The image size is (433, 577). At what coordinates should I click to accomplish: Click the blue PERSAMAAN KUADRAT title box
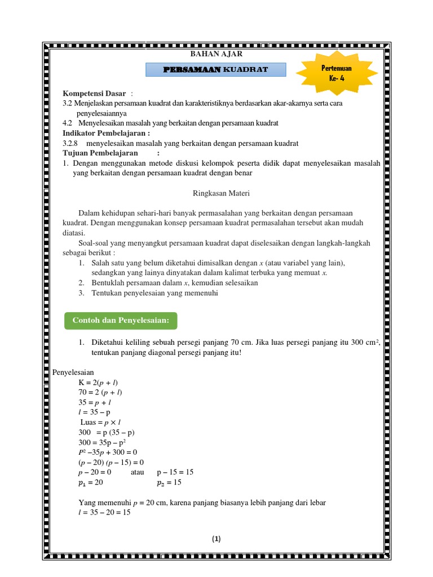click(x=216, y=69)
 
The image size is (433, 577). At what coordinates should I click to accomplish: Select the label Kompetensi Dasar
click(x=94, y=93)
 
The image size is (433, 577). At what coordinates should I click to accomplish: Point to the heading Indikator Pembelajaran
click(x=106, y=133)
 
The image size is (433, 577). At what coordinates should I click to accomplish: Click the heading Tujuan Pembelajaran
click(x=100, y=153)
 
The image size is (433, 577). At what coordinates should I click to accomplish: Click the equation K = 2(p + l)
click(x=98, y=383)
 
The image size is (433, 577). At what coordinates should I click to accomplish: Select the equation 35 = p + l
click(x=94, y=402)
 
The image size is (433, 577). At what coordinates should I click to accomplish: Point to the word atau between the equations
click(x=138, y=472)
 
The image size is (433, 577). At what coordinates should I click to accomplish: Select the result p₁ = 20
click(x=90, y=483)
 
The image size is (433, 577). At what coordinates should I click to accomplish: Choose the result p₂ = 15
click(x=169, y=483)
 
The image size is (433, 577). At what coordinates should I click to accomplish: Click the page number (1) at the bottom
click(x=216, y=539)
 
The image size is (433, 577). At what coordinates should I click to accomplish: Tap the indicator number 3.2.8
click(x=72, y=143)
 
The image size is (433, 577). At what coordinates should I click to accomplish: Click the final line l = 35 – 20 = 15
click(x=104, y=512)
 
